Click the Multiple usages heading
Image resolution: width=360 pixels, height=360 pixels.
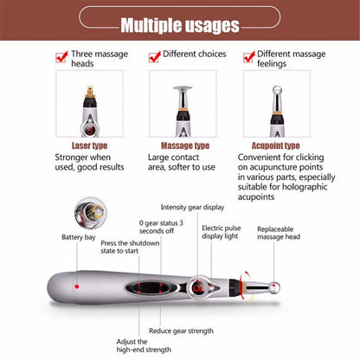coord(179,25)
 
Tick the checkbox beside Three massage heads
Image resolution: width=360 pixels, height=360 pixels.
coord(61,57)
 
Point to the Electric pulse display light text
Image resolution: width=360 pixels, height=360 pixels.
coord(222,236)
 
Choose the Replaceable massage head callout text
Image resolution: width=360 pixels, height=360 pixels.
coord(280,235)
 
